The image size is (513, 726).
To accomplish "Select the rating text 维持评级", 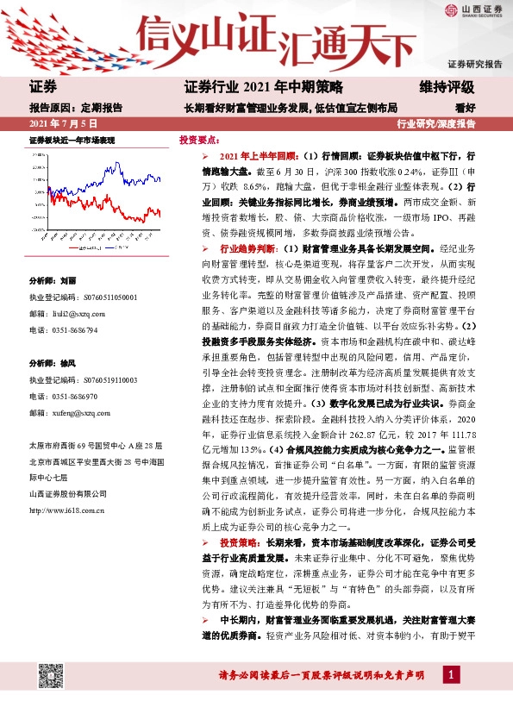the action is (447, 87).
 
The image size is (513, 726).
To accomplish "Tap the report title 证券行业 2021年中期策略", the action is (264, 87).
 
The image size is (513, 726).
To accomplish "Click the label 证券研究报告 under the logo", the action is (474, 65).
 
